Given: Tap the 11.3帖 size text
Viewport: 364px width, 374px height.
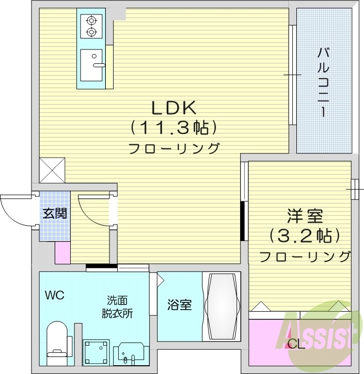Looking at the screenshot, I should coord(172,127).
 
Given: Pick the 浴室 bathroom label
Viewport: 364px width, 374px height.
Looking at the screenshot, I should coord(180,305).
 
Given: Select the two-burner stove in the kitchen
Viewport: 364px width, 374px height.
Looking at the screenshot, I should coord(92,27).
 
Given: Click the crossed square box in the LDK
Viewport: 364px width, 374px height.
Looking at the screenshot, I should coord(53,169).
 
